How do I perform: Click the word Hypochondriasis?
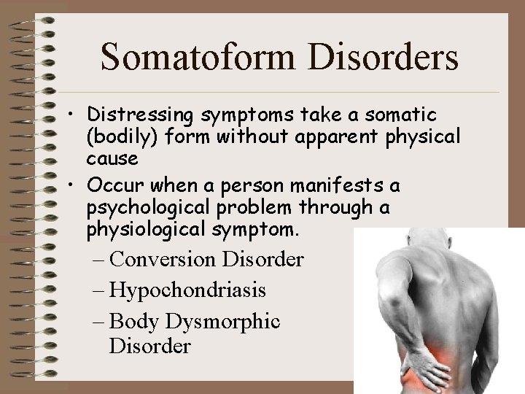187,290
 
